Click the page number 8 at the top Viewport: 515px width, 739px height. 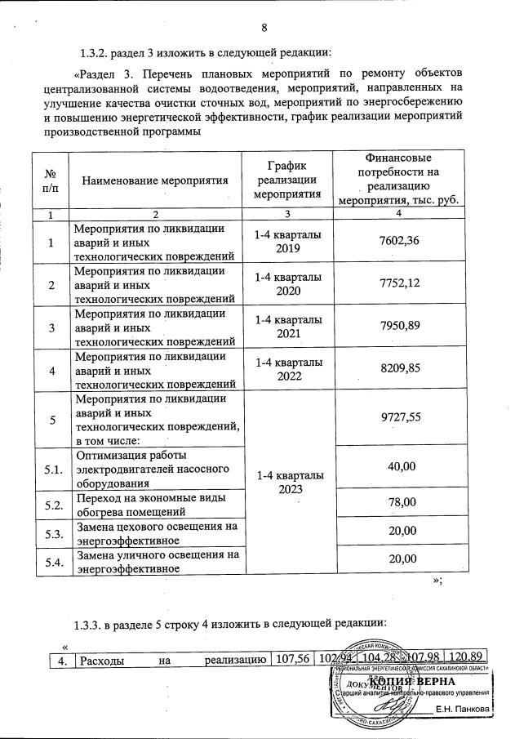264,27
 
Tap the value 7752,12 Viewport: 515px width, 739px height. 399,284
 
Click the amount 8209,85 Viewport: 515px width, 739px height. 399,370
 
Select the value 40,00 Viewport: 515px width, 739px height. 399,466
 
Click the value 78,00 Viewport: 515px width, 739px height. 399,503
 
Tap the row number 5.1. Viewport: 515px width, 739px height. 52,469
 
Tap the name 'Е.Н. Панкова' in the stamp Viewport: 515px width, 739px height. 463,709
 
